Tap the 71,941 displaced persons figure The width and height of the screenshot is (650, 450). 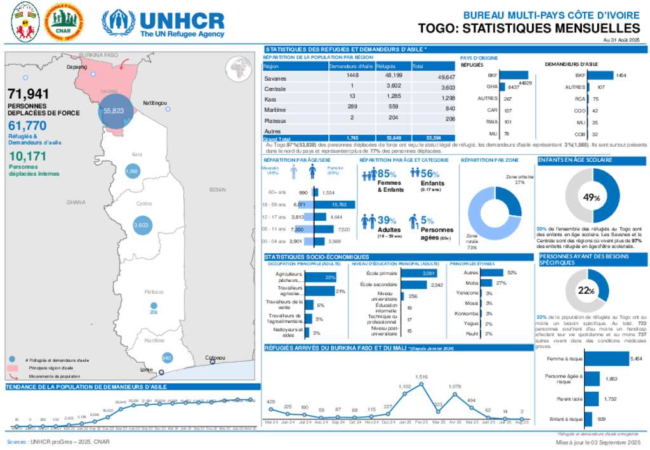pos(29,95)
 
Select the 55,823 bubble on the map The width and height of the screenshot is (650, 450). pos(113,110)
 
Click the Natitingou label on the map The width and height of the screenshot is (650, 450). pos(155,102)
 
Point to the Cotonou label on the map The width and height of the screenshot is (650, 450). pos(216,358)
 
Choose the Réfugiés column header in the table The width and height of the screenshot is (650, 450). pos(385,66)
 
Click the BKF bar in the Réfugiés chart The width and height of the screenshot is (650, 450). pos(514,75)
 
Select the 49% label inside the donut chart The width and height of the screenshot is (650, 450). pos(592,198)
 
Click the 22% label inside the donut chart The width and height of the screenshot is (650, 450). pos(586,291)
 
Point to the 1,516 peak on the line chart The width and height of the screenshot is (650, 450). pos(421,377)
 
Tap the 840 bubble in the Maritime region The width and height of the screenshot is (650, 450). pos(167,359)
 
